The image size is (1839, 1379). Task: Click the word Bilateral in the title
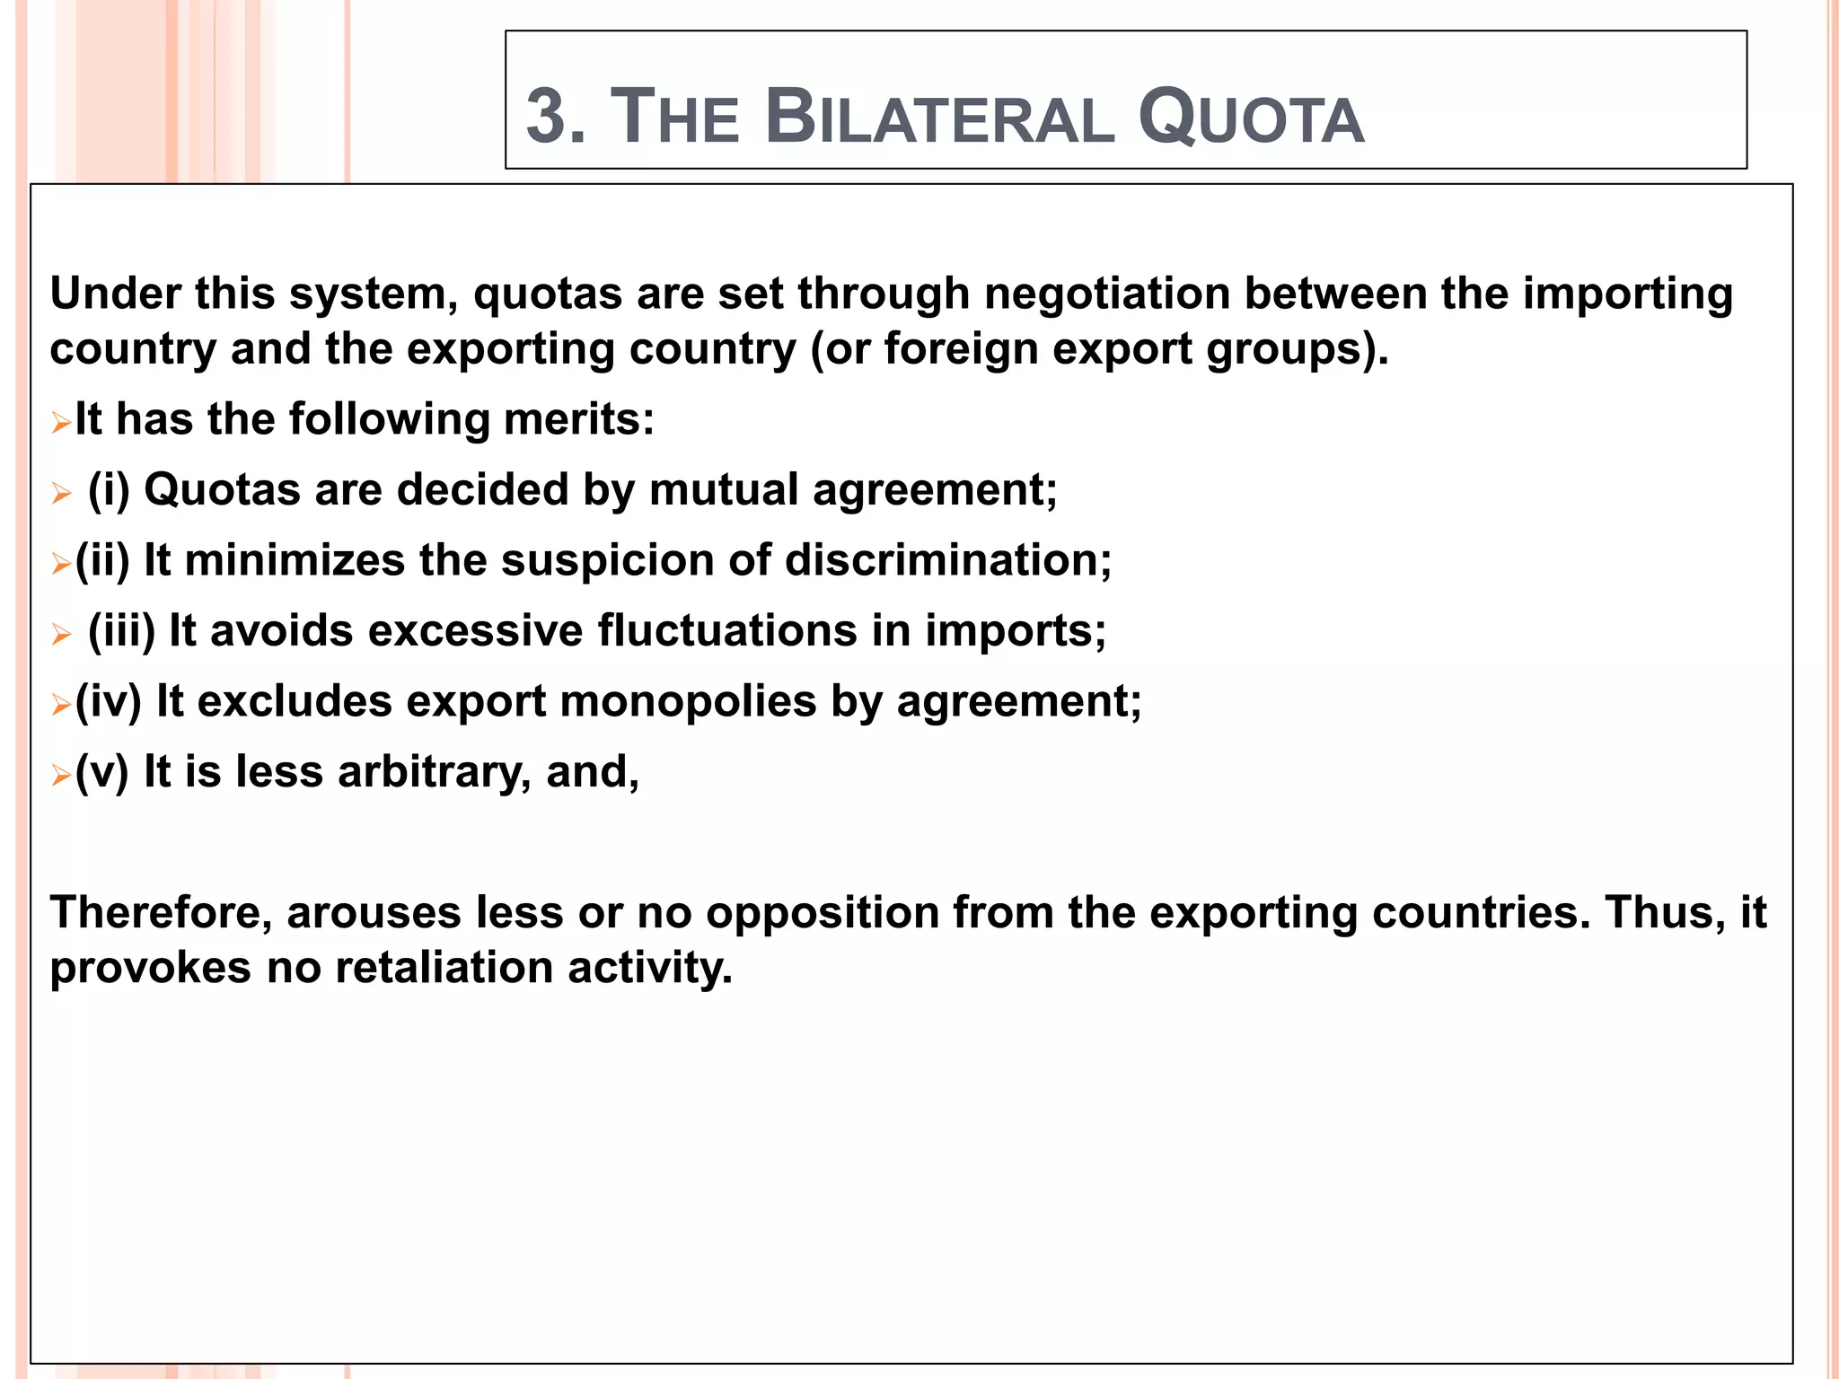click(x=940, y=118)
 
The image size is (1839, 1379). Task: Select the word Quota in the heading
click(x=1251, y=118)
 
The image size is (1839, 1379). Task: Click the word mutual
click(x=724, y=490)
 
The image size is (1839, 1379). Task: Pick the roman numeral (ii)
click(x=102, y=561)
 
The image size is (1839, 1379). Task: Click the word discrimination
click(x=948, y=560)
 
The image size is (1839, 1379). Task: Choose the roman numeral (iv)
click(x=109, y=701)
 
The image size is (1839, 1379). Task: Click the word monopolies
click(x=688, y=701)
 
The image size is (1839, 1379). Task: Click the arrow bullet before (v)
click(x=61, y=775)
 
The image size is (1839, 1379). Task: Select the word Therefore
click(x=162, y=913)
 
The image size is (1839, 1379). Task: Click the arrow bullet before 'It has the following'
click(x=61, y=422)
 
